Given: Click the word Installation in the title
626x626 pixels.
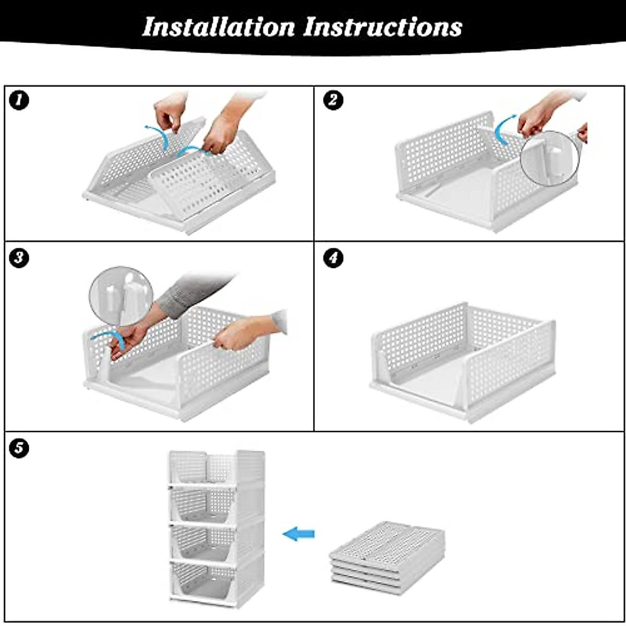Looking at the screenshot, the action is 218,27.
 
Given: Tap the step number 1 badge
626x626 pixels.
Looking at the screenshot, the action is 19,100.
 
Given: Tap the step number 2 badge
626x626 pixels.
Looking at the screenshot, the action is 333,100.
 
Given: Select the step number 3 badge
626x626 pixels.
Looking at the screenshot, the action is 19,258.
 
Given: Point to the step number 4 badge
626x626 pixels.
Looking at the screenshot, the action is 333,258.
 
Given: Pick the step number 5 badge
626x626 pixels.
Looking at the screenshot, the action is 19,448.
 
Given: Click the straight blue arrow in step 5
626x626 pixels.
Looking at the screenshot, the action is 298,534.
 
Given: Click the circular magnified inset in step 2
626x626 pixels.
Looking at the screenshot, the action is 550,158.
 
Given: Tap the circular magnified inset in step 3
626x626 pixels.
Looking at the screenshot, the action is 121,296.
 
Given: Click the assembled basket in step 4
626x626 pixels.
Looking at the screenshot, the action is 463,361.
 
